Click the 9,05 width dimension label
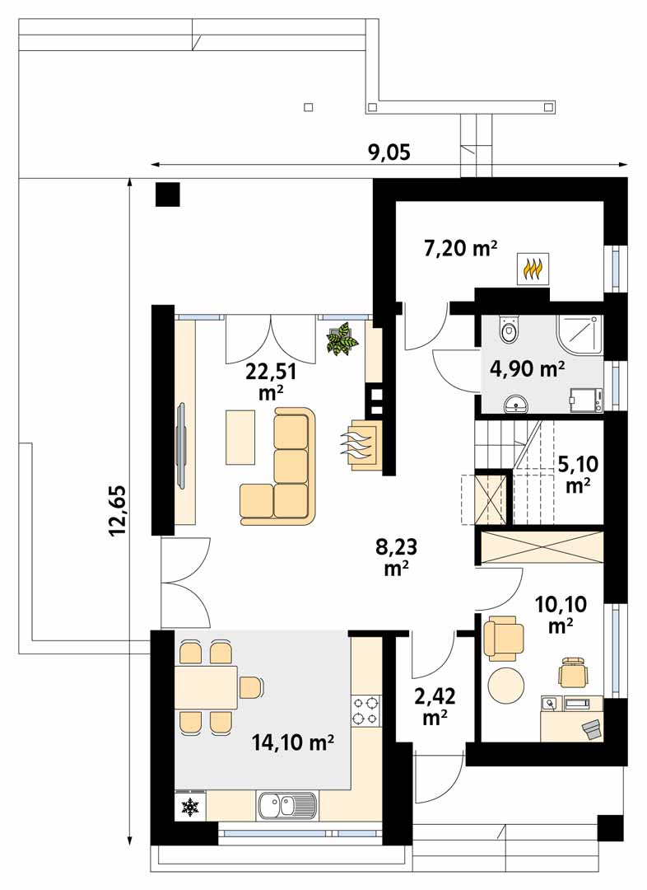[389, 152]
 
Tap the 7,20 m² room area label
[460, 248]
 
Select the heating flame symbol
[533, 268]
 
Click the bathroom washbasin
[514, 402]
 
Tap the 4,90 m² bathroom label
[527, 369]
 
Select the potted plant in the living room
[342, 339]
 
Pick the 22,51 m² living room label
[271, 381]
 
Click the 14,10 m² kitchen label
[292, 742]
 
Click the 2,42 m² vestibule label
[435, 706]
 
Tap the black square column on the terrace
[167, 194]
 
